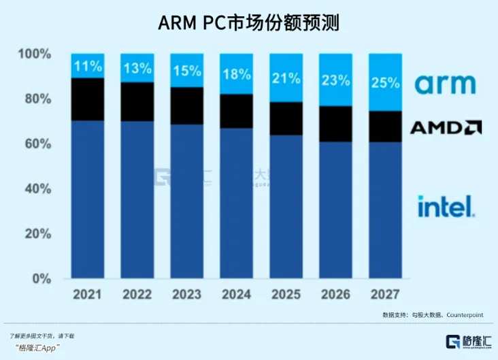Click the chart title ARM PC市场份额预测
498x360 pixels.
coord(248,23)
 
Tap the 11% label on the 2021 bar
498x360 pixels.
coord(88,67)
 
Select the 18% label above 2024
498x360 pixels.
coord(237,75)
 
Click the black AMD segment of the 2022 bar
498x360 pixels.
coord(137,101)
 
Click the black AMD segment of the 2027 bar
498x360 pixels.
coord(385,126)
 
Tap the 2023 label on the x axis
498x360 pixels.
coord(186,295)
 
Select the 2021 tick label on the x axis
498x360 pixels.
coord(88,295)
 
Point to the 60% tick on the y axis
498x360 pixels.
coord(35,144)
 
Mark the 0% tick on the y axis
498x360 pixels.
coord(41,278)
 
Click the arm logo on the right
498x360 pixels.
coord(445,85)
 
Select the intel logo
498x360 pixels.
coord(445,206)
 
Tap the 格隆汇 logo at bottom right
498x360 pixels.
coord(468,342)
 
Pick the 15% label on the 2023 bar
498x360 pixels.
coord(187,71)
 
